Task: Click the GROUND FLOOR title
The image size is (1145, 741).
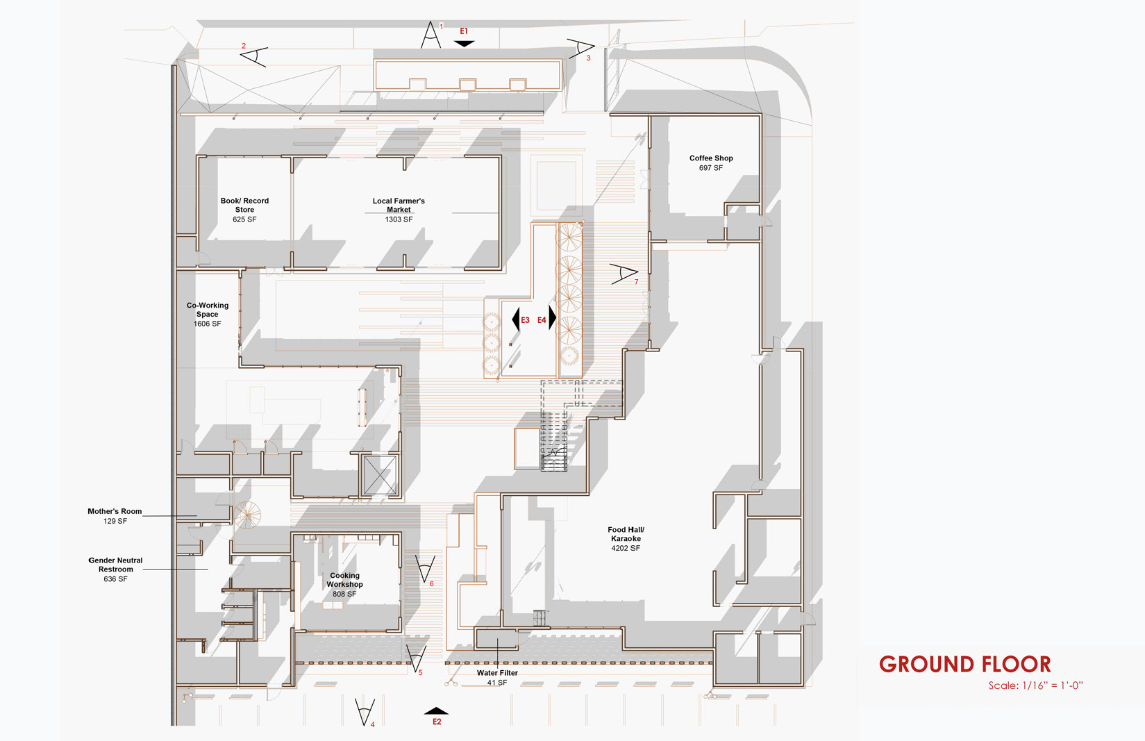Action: (x=965, y=665)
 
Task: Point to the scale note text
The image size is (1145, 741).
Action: (x=1035, y=685)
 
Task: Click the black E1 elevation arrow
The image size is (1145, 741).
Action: (x=464, y=43)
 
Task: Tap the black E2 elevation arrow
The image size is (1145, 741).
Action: (x=436, y=710)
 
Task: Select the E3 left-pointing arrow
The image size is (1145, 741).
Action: (x=516, y=319)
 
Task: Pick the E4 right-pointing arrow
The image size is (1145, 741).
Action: (x=552, y=318)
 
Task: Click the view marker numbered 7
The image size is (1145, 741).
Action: (x=624, y=274)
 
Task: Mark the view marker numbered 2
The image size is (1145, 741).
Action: (x=254, y=56)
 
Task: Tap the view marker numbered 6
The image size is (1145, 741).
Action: (x=424, y=569)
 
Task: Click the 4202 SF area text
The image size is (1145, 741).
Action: (x=626, y=549)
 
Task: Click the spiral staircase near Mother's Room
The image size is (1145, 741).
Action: (x=246, y=515)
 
